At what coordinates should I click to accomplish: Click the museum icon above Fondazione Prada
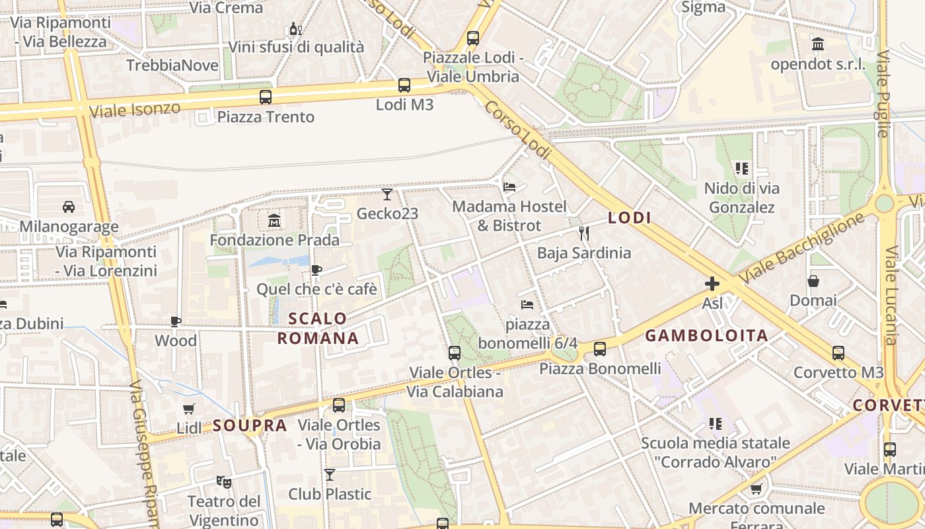tap(274, 220)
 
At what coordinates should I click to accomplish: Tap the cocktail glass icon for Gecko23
tap(387, 194)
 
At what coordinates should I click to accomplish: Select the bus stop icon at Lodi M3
tap(404, 85)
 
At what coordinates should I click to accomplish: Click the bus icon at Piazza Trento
tap(266, 97)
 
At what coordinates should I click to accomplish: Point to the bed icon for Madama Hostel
tap(509, 186)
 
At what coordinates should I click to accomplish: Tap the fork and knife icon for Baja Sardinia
tap(583, 233)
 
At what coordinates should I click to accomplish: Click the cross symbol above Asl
tap(712, 284)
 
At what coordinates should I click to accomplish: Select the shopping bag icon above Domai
tap(813, 281)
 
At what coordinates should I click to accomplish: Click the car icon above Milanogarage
tap(69, 207)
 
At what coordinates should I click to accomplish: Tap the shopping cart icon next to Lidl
tap(189, 409)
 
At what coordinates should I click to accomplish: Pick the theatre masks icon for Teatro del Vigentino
tap(224, 482)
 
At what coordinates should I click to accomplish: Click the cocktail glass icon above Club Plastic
tap(330, 474)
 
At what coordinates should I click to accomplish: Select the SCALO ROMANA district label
tap(318, 329)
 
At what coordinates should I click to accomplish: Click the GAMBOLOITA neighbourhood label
tap(706, 335)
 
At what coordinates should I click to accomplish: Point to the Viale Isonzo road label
tap(135, 110)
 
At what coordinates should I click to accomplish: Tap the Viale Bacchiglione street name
tap(801, 248)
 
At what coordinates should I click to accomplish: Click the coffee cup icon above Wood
tap(176, 321)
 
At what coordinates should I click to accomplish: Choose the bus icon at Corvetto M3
tap(838, 353)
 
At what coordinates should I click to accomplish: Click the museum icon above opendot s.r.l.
tap(818, 45)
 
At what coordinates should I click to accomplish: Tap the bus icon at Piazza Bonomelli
tap(600, 349)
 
